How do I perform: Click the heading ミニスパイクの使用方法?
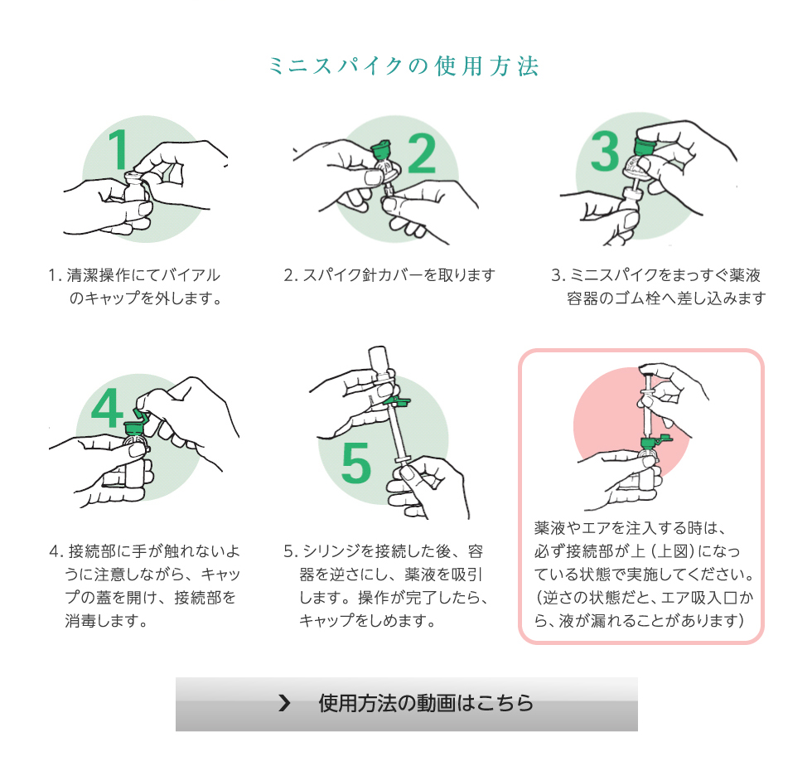[404, 65]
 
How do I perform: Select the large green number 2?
[422, 153]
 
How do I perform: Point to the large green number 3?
[605, 151]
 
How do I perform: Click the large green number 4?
[107, 408]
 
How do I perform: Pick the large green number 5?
[356, 463]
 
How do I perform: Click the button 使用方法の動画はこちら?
[407, 704]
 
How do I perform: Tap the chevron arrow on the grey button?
[284, 703]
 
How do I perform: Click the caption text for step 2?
[389, 274]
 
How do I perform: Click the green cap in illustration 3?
[644, 144]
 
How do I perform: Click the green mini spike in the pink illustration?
[654, 443]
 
